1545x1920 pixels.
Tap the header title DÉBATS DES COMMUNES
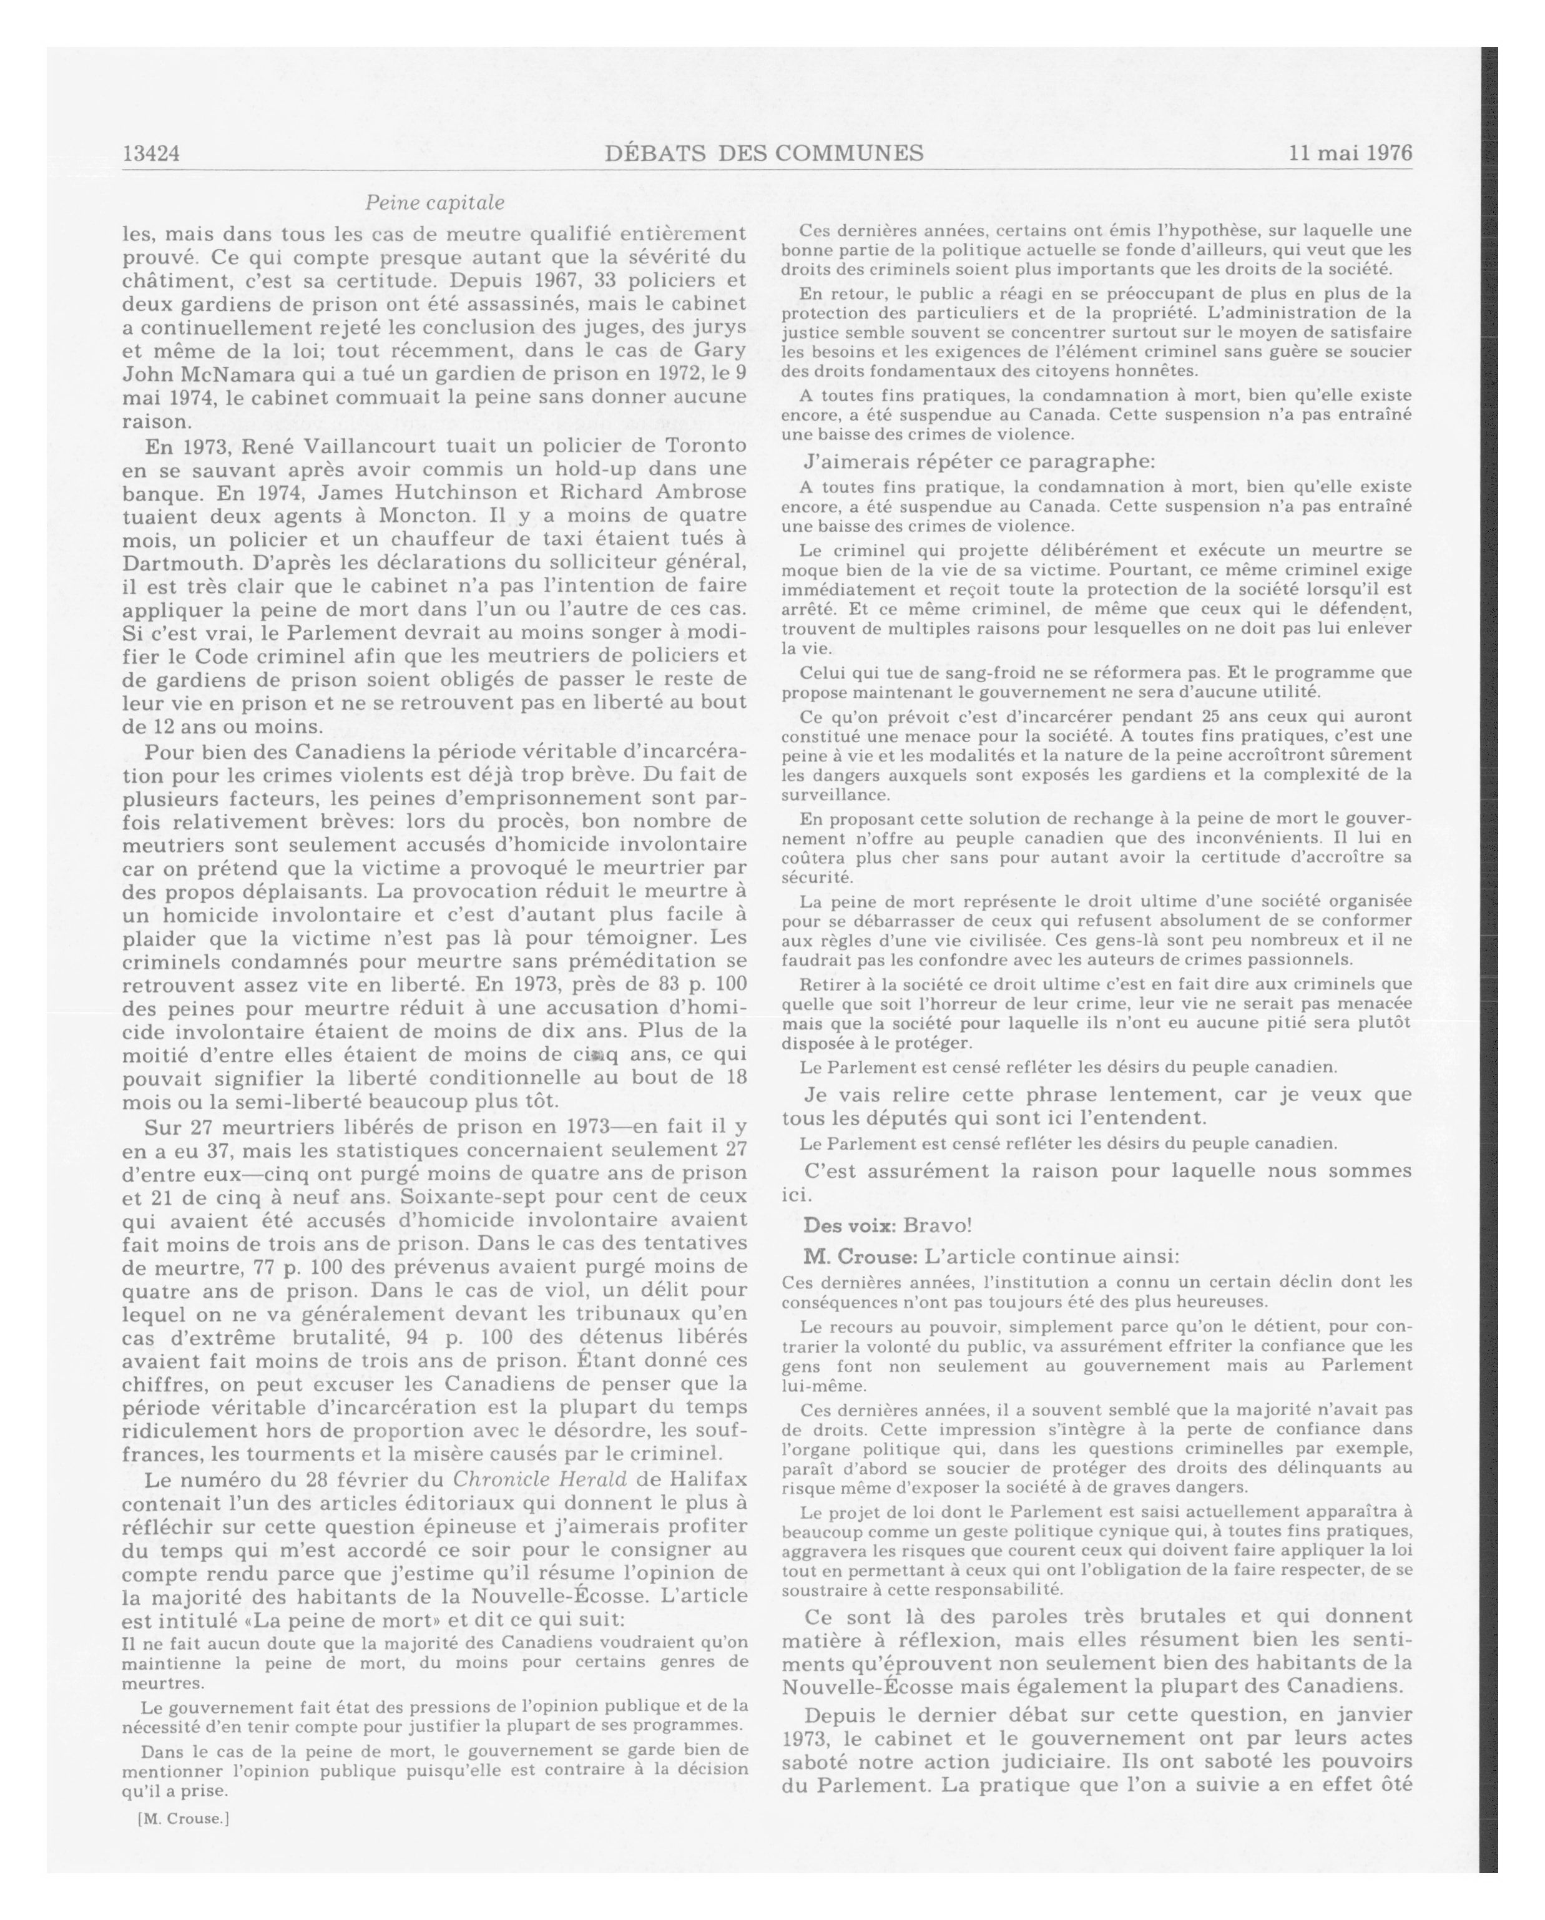[763, 153]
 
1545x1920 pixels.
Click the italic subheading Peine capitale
[434, 203]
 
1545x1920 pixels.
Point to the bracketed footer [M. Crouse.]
[184, 1818]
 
